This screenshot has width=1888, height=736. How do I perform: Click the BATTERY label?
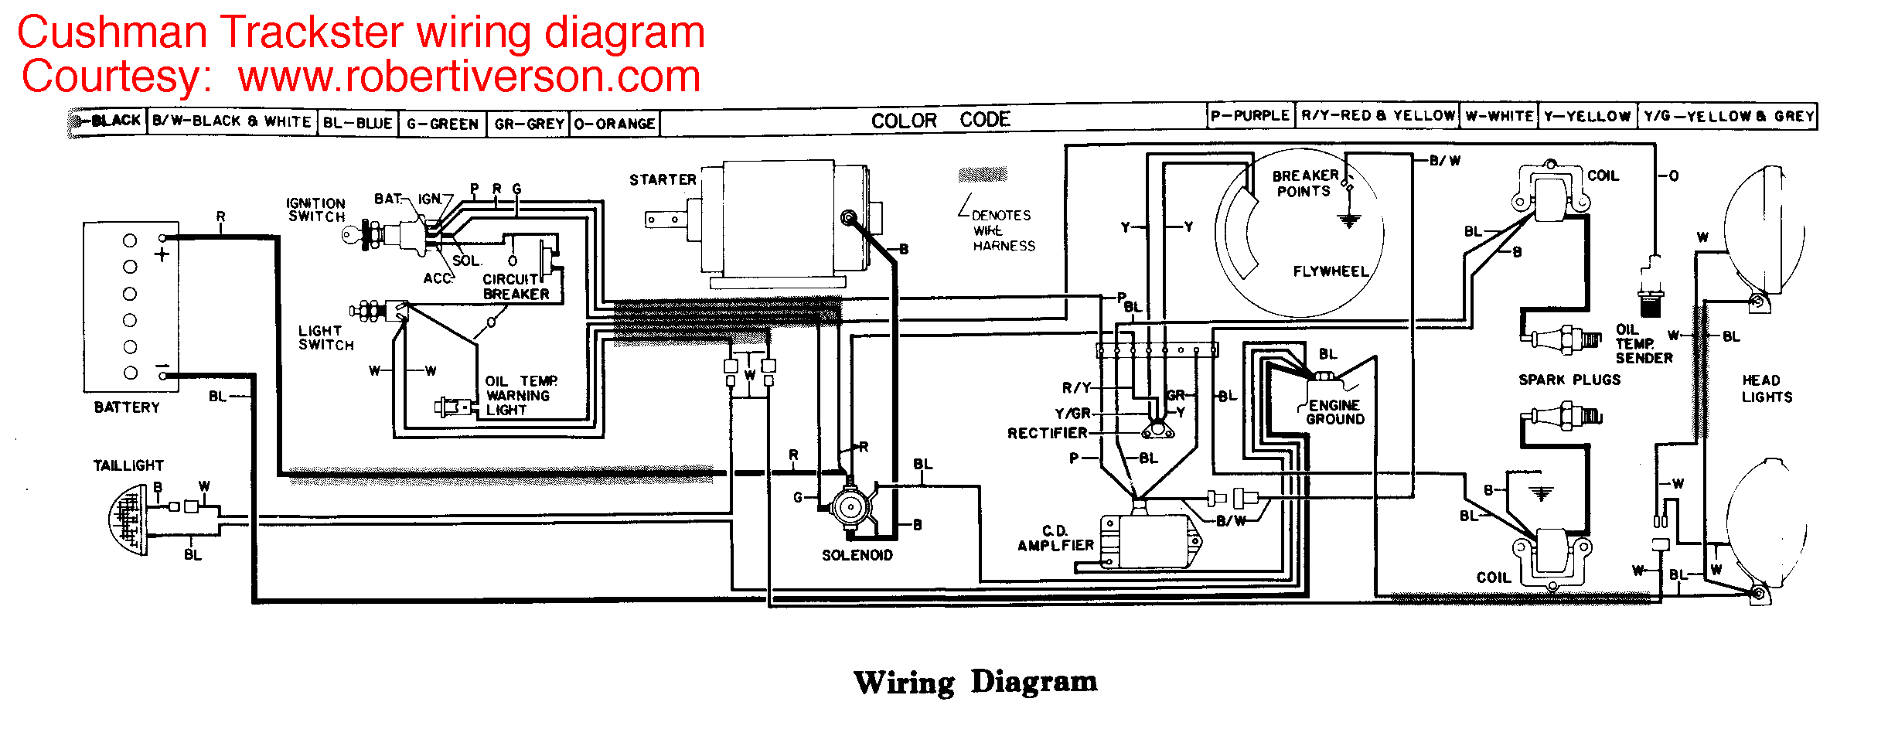click(127, 407)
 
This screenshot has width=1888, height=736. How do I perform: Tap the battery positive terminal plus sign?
click(162, 254)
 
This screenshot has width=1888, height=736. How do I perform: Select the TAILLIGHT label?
click(128, 465)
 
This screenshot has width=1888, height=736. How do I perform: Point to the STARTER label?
click(663, 179)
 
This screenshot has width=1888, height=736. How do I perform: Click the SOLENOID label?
click(857, 555)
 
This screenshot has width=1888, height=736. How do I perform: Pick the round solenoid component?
click(850, 508)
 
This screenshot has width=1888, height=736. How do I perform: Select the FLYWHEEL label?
click(1331, 271)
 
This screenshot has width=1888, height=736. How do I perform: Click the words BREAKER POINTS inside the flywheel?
click(1304, 183)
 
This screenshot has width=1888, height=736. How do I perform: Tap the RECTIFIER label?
click(1047, 433)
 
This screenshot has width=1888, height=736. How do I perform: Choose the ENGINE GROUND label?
click(1335, 412)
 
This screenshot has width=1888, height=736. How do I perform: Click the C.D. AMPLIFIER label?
click(1055, 538)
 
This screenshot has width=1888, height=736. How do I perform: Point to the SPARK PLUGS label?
click(1569, 380)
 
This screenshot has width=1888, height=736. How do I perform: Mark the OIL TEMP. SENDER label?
click(1644, 344)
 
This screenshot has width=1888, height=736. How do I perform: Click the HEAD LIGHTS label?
click(1767, 388)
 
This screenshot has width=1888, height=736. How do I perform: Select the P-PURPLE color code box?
click(1250, 116)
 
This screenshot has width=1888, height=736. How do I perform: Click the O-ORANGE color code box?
click(615, 124)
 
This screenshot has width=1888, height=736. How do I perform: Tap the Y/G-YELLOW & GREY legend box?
click(1728, 117)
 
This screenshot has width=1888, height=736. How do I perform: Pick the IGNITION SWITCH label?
click(315, 210)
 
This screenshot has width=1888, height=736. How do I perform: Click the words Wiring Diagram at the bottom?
click(975, 682)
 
